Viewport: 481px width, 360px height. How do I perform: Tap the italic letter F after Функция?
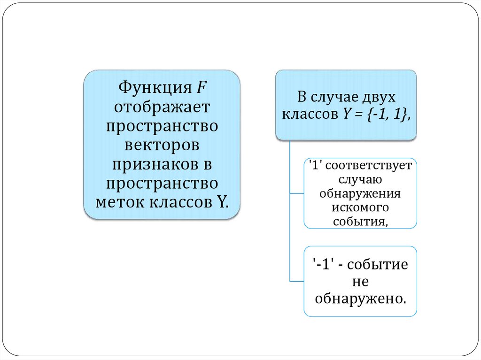(201, 88)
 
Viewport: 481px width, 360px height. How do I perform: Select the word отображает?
(162, 107)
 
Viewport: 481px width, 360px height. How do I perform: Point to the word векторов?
(162, 145)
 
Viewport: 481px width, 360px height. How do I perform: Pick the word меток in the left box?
(120, 203)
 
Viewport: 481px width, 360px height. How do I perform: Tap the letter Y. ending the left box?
(222, 203)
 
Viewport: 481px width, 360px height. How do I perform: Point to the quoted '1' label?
(313, 166)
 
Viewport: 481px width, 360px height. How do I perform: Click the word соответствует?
(368, 166)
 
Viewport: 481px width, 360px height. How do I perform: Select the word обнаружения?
(360, 193)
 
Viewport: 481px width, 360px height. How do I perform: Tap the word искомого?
(360, 207)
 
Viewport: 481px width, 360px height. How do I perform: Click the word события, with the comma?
(360, 221)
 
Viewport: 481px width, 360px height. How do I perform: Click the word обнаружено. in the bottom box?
(360, 298)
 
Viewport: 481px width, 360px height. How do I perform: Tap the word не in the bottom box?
(360, 282)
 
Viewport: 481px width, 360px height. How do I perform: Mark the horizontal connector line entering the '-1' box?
(297, 281)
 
